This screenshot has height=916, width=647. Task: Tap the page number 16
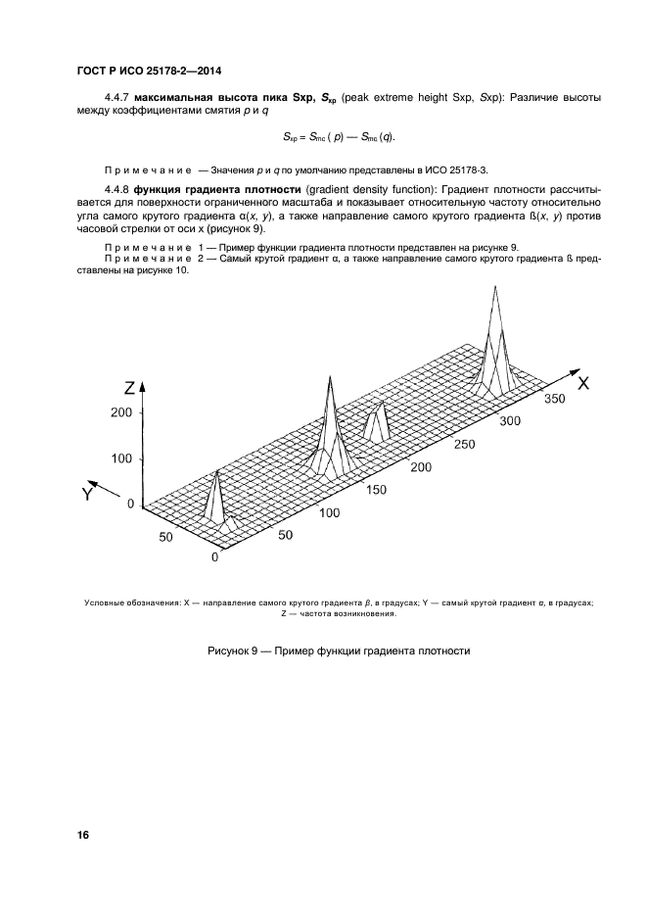83,835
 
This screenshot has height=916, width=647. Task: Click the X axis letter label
582,383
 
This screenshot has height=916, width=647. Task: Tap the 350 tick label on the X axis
555,400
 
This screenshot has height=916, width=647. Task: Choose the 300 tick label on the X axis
510,421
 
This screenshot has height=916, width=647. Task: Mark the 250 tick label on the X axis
466,444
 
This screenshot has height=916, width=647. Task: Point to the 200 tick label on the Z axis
121,413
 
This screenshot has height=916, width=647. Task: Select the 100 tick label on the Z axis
121,458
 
